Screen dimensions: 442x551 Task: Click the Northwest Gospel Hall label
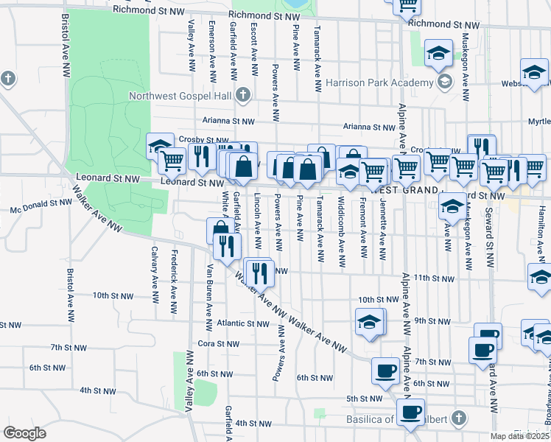pos(181,96)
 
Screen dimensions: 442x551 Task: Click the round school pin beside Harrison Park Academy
pos(444,81)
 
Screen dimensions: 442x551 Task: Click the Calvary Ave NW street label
pos(155,267)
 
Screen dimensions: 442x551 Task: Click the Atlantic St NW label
pos(244,323)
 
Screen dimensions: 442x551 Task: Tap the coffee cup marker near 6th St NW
pos(385,371)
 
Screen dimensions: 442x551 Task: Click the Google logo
pos(24,433)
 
